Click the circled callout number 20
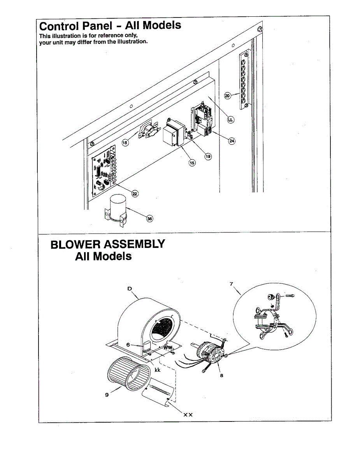[228, 96]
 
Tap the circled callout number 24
[232, 140]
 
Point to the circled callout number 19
[208, 156]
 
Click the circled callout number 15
[191, 163]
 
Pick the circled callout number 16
[125, 143]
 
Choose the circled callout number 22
[135, 194]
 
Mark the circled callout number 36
[149, 219]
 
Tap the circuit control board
[104, 169]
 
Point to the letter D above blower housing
[130, 288]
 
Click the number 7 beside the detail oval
[231, 284]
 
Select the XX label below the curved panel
[188, 414]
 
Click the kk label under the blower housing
[158, 370]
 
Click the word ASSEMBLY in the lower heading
[132, 244]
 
